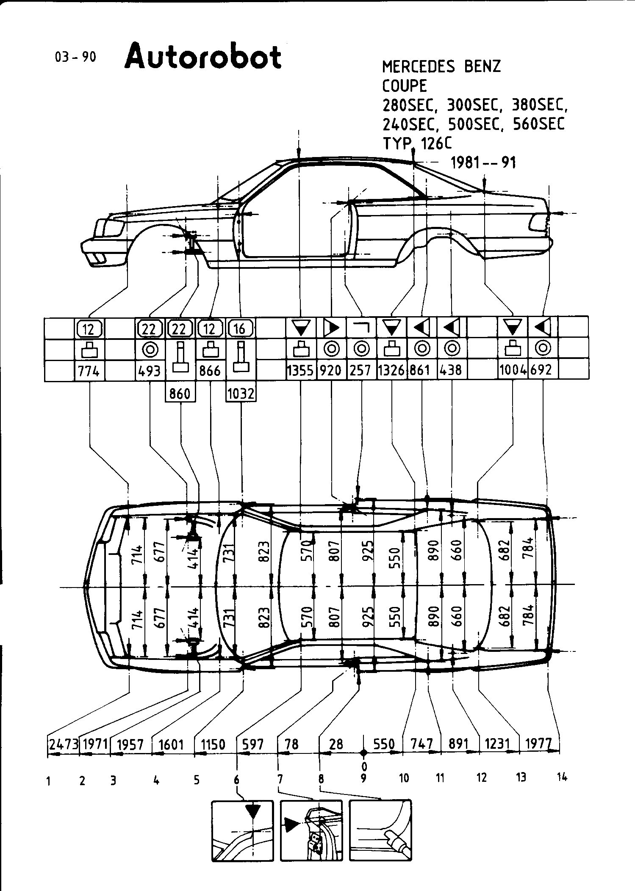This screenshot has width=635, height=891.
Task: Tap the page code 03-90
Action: point(75,57)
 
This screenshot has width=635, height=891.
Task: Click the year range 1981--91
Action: point(482,163)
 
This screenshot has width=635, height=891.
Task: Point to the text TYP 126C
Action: point(417,143)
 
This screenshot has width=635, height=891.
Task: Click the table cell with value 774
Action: point(89,371)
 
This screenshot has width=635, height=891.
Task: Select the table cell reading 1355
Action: point(300,371)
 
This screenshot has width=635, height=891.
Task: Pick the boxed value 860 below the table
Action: point(180,394)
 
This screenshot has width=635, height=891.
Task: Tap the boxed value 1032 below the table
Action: point(241,394)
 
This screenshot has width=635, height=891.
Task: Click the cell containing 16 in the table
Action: point(241,328)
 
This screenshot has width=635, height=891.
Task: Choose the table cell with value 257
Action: point(361,371)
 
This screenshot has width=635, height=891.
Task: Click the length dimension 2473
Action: point(64,744)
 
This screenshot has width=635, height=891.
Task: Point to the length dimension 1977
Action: point(538,744)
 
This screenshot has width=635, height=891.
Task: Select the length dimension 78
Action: point(292,744)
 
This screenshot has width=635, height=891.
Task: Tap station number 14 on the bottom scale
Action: point(562,777)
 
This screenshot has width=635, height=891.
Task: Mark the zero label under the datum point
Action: point(364,767)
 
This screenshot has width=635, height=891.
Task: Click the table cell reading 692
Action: point(542,371)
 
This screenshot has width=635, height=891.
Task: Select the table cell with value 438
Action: point(451,371)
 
